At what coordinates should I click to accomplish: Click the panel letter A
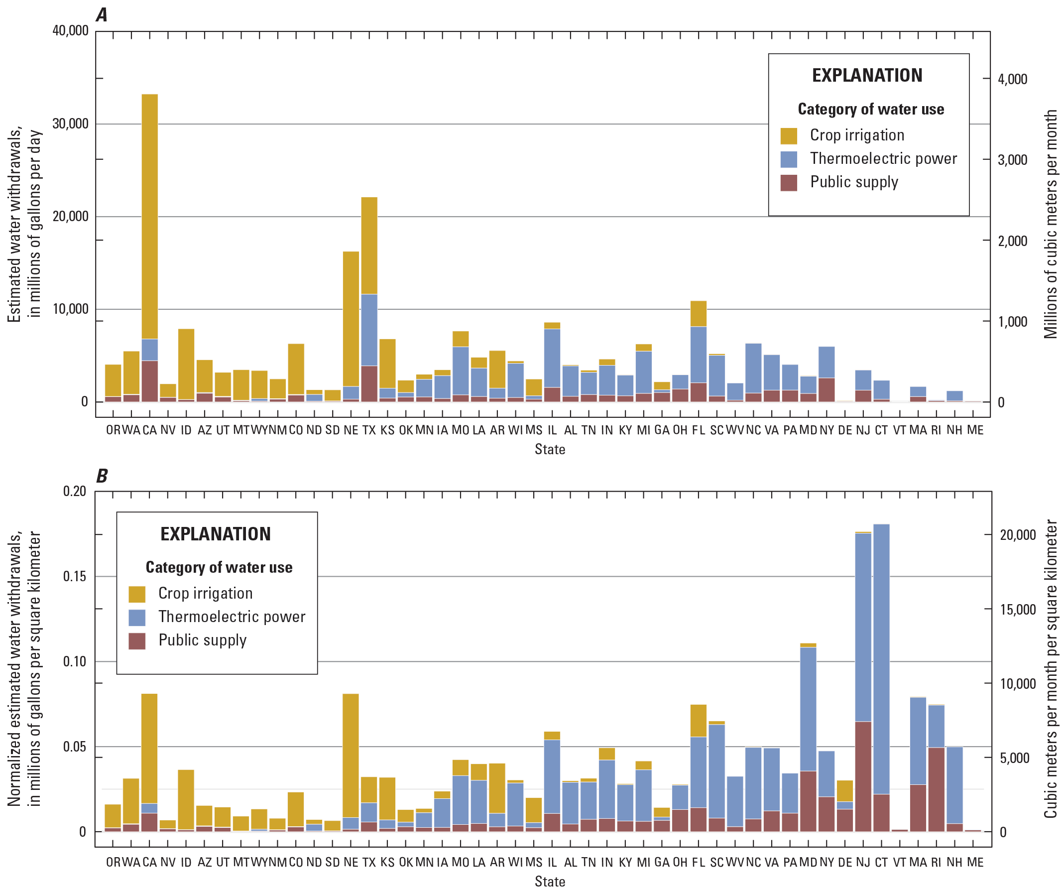coord(102,15)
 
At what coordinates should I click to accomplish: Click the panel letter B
coord(102,476)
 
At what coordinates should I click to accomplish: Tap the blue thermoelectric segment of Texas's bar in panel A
coord(369,329)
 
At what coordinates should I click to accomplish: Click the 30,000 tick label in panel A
coord(70,124)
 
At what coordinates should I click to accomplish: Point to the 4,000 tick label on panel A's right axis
coord(1012,79)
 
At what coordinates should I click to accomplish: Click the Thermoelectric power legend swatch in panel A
coord(789,159)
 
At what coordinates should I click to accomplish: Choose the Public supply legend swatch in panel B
coord(137,641)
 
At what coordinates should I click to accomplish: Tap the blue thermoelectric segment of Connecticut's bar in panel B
coord(882,659)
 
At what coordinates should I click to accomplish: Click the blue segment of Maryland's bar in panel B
coord(808,710)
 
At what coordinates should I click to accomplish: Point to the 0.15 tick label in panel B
coord(75,577)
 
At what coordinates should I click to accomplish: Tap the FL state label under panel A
coord(699,430)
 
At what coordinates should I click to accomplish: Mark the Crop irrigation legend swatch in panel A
coord(789,136)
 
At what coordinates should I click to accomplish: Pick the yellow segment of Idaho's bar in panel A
coord(186,365)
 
